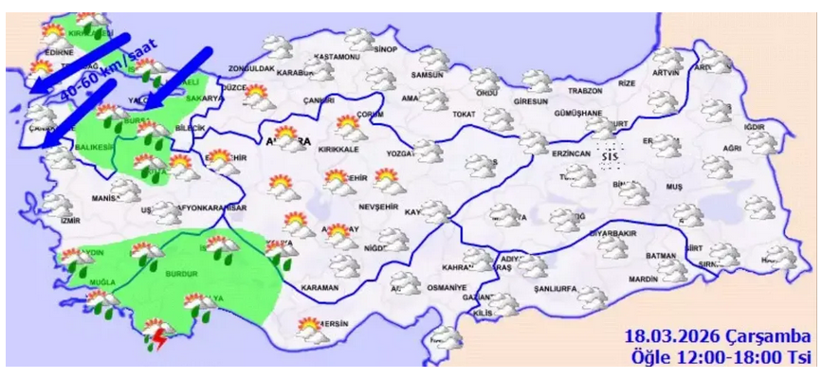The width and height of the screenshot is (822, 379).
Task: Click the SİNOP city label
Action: (385, 48)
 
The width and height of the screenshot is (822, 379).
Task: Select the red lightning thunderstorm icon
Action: (155, 336)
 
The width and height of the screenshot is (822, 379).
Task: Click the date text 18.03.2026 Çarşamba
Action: (717, 337)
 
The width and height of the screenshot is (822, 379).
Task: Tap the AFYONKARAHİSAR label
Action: (207, 208)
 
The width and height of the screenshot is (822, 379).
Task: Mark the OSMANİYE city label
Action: (448, 287)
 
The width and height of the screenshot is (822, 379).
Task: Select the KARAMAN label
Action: (319, 286)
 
